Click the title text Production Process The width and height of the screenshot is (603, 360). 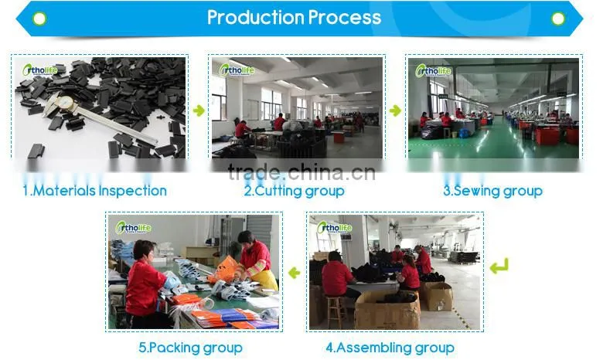[x=295, y=17]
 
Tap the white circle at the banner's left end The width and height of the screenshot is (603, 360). [x=39, y=19]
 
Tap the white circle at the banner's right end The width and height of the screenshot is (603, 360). [x=558, y=19]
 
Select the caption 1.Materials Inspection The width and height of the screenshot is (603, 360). [x=94, y=191]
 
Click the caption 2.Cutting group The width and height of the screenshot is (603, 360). [x=295, y=191]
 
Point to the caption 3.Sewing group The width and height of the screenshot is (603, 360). [x=492, y=191]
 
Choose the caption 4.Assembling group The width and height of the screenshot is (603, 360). [x=390, y=348]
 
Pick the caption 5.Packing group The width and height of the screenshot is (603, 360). [x=190, y=348]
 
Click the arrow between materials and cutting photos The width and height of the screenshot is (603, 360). [x=199, y=110]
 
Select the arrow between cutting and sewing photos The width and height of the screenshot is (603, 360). [x=395, y=110]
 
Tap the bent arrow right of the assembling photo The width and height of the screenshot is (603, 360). [x=499, y=267]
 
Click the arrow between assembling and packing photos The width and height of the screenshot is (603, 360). [x=295, y=273]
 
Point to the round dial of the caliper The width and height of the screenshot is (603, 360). [x=66, y=103]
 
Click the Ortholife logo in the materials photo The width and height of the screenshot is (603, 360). [x=39, y=70]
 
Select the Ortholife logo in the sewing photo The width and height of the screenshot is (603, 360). [x=433, y=71]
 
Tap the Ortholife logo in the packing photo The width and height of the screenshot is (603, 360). [x=133, y=227]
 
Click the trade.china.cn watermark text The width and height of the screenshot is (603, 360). [x=301, y=172]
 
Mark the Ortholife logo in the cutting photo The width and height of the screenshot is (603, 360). [x=237, y=70]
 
